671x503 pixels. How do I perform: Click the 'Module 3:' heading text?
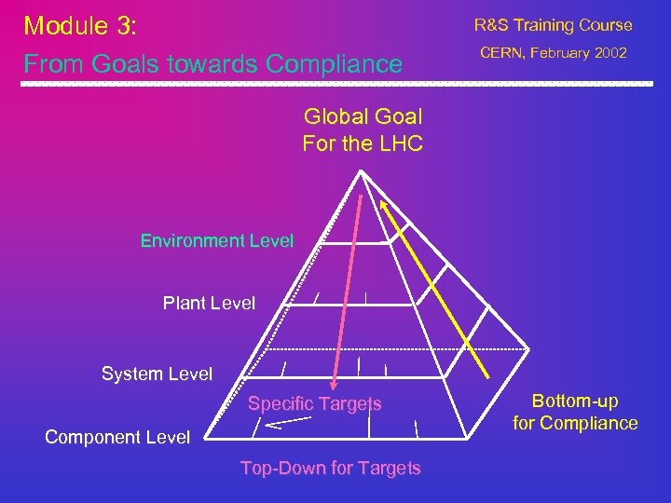(x=80, y=26)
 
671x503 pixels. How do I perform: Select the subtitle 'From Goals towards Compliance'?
(x=212, y=64)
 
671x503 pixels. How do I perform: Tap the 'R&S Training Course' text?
(x=553, y=25)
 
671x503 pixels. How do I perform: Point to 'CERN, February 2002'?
(x=554, y=53)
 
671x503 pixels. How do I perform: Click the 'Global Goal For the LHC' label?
(x=363, y=130)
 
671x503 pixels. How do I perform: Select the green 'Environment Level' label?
(x=216, y=240)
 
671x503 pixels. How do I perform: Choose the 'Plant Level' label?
(x=209, y=303)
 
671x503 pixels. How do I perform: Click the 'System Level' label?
(x=157, y=374)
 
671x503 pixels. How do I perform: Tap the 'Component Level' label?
(x=117, y=437)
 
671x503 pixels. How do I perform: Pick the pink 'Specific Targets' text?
(x=314, y=403)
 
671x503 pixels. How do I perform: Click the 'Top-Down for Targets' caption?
(x=330, y=468)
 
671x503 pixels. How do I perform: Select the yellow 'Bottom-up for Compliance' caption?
(x=575, y=412)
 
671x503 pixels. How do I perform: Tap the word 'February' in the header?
(x=560, y=53)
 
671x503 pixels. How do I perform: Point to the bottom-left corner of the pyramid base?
(x=205, y=438)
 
